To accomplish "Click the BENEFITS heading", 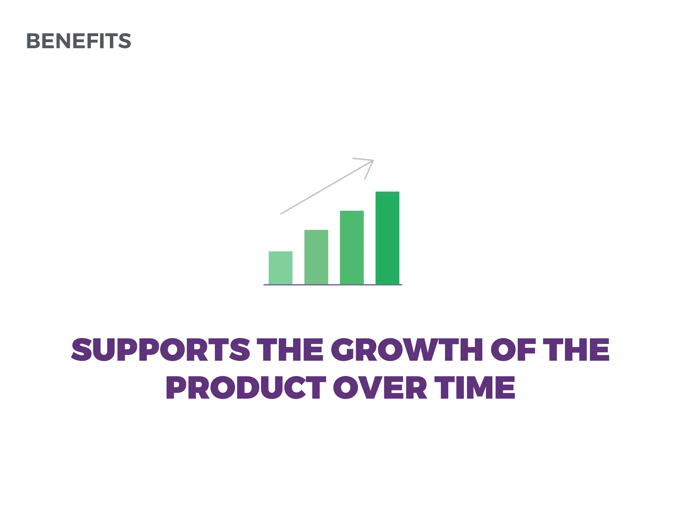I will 78,41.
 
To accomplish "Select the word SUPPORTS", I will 160,350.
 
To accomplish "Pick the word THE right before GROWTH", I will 291,350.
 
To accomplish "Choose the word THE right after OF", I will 577,350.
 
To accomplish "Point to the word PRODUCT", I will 246,388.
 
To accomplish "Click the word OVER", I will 380,388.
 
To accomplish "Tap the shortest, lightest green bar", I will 280,268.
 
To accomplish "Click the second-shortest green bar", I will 316,257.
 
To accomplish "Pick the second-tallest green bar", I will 352,248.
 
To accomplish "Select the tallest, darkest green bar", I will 387,238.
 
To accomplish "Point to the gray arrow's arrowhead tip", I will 373,161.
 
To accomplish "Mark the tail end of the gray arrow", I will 281,214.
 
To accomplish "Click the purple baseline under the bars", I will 333,285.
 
